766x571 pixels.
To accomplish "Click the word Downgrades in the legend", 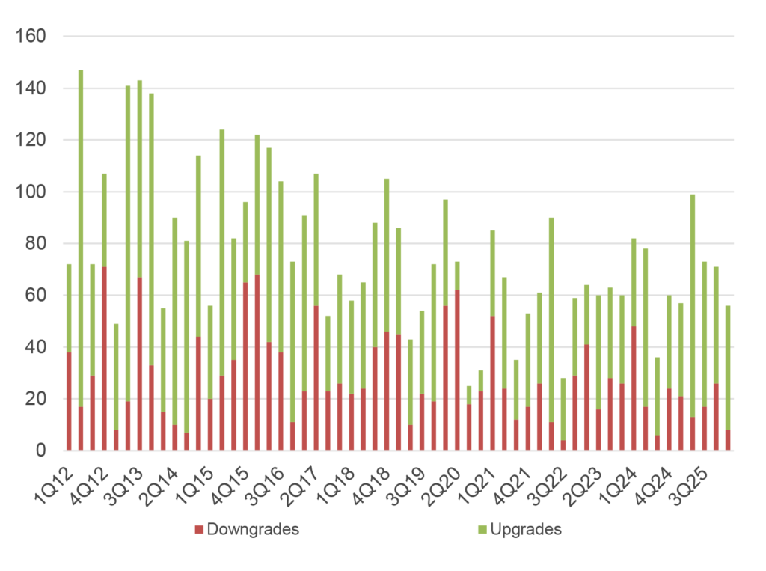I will pyautogui.click(x=253, y=530).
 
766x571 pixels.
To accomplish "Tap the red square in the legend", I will pyautogui.click(x=199, y=530).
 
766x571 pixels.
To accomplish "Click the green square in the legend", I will pyautogui.click(x=482, y=530).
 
